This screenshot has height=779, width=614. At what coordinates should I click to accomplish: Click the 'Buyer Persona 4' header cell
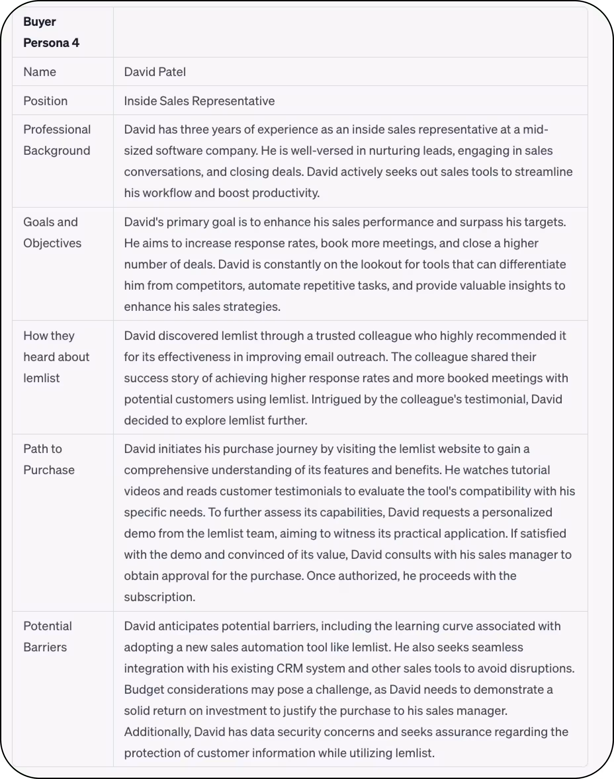[51, 32]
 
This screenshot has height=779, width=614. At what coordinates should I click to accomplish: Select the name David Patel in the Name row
[155, 72]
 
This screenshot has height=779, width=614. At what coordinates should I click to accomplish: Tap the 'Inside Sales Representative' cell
[199, 101]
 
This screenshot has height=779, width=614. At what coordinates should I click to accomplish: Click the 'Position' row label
[45, 101]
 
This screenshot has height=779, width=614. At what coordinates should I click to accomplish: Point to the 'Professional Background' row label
[57, 140]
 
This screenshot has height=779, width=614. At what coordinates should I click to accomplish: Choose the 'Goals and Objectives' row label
[52, 232]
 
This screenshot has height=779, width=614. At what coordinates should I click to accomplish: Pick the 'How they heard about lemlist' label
[56, 357]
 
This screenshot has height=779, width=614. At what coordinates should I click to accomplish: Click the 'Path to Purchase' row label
[49, 459]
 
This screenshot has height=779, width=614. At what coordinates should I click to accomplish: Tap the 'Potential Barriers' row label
[47, 636]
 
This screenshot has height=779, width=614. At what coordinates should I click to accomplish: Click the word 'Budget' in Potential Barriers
[144, 689]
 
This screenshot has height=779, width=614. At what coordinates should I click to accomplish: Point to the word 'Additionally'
[157, 732]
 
